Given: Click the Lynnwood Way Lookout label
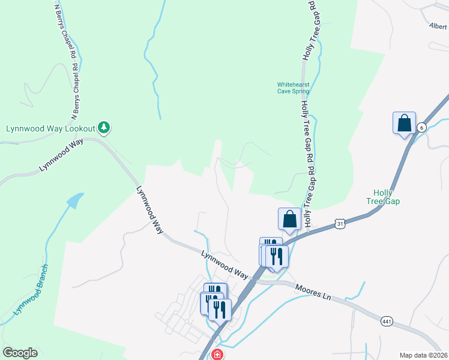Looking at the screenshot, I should point(50,128).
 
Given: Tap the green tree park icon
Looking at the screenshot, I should point(105,127).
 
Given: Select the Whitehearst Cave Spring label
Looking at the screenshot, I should point(293,88).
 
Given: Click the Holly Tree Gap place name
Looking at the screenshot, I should point(383,196).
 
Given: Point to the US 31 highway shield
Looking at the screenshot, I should point(340,223).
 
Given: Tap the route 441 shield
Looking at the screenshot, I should point(386,322).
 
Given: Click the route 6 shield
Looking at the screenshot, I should point(422,127).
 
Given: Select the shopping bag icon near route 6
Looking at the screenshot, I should point(405,123).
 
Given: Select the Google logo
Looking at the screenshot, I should point(20,353).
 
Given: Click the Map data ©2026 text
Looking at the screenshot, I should point(423,355).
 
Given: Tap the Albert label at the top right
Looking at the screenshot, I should point(438,26).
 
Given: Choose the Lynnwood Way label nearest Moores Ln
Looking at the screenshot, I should point(224,264).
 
